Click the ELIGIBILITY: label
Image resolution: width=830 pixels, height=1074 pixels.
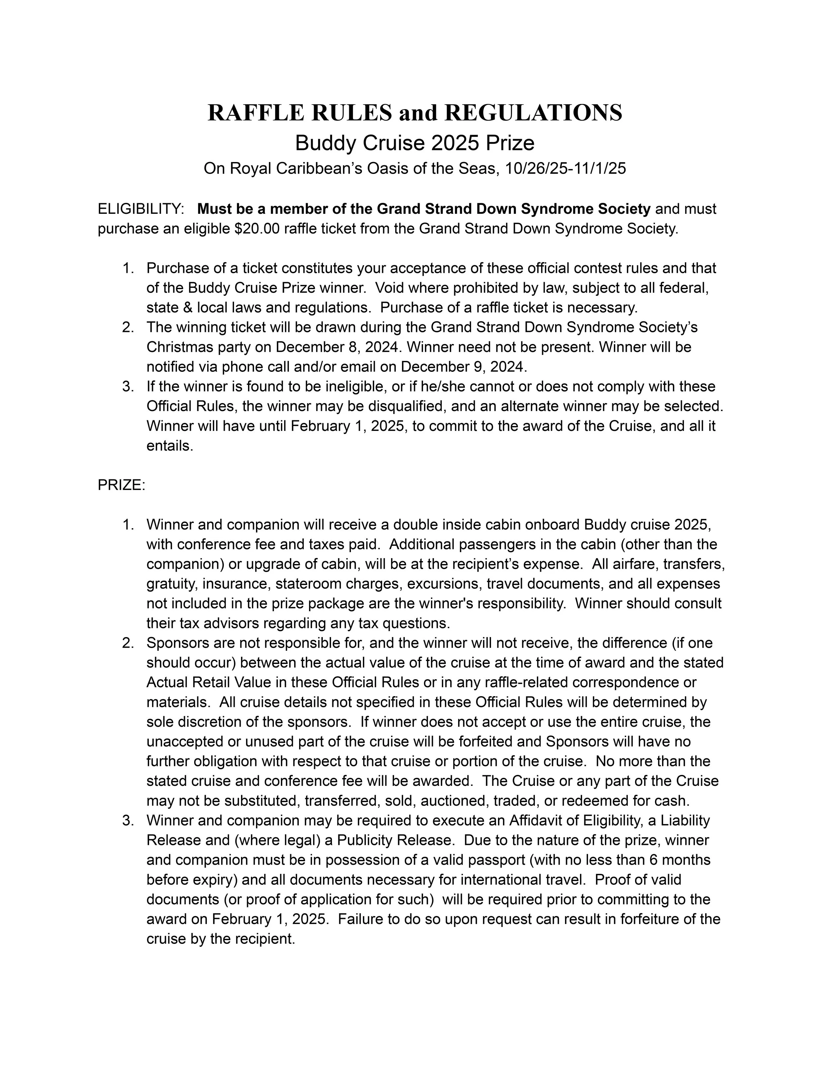pos(141,209)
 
